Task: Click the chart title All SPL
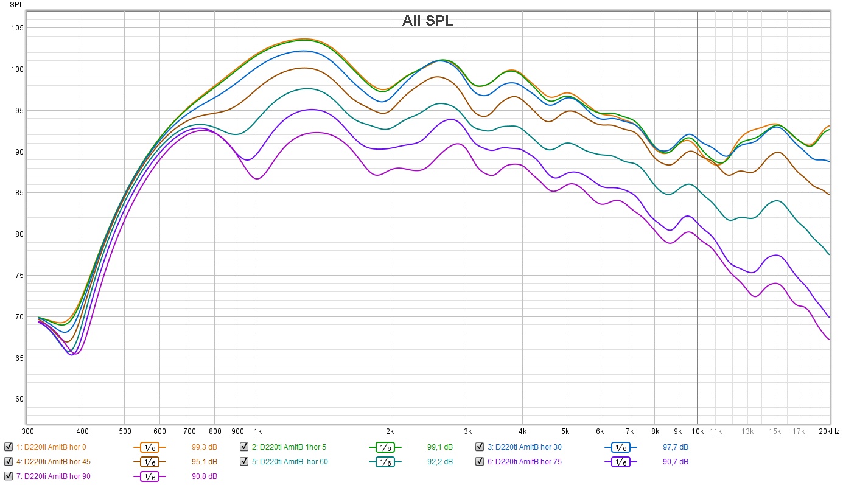coord(427,21)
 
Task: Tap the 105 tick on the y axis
coord(16,28)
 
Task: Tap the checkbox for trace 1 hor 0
coord(8,447)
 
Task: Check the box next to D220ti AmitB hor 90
coord(8,476)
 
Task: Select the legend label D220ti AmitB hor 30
coord(528,447)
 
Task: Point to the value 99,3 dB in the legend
coord(204,447)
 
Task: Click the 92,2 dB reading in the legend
coord(439,461)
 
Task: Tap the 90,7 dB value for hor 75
coord(676,461)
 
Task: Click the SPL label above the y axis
coord(16,5)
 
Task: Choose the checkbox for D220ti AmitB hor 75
coord(480,461)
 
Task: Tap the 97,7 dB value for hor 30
coord(676,447)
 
